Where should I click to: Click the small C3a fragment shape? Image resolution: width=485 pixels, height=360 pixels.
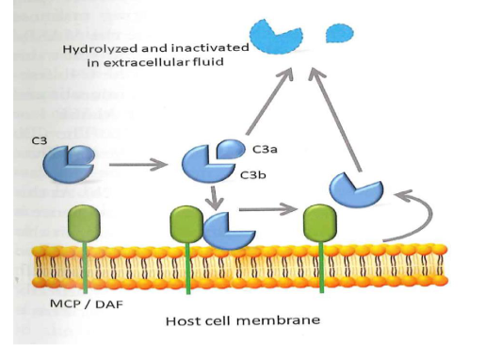pyautogui.click(x=229, y=148)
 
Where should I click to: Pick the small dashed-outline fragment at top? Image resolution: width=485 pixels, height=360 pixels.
pyautogui.click(x=340, y=34)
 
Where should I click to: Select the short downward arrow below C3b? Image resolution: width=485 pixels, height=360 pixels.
pyautogui.click(x=216, y=197)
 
